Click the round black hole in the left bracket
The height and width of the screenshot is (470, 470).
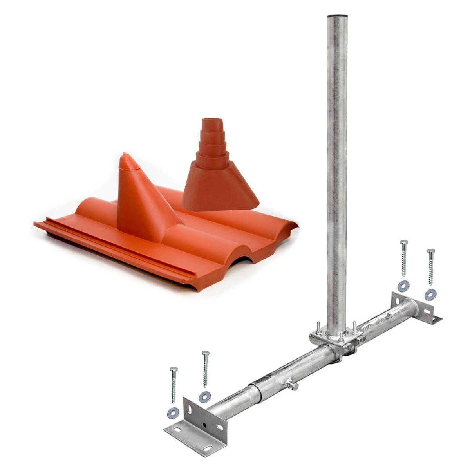click(204, 425)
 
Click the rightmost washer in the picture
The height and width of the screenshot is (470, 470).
click(430, 295)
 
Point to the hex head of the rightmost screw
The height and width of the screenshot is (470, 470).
click(431, 251)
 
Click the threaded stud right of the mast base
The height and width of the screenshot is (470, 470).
click(354, 326)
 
